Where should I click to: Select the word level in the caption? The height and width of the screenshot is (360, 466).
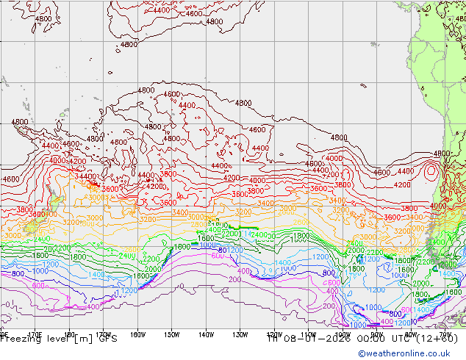click(58, 339)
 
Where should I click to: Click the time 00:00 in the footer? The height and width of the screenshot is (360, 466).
click(365, 339)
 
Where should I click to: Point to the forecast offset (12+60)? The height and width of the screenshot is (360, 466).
click(437, 339)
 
